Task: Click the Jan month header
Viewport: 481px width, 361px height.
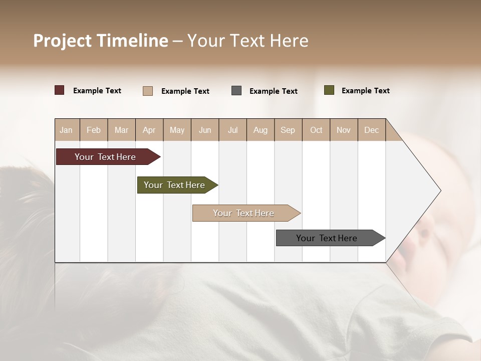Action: point(67,130)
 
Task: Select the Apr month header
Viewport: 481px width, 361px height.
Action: point(149,130)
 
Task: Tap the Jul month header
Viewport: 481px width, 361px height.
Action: point(232,130)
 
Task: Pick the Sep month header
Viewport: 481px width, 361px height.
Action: point(288,130)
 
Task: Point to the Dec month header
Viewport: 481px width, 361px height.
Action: point(371,130)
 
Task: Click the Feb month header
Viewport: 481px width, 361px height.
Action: point(94,130)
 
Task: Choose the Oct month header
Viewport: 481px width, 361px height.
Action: point(316,130)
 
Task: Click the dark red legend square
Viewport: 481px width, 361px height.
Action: point(60,90)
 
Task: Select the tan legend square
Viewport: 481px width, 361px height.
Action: point(148,91)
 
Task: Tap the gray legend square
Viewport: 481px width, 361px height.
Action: point(236,91)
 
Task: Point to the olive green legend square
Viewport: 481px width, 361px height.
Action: point(329,90)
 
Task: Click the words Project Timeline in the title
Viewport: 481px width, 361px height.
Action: point(100,41)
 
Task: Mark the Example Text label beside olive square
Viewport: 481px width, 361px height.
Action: point(365,91)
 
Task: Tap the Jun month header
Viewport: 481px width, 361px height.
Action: point(205,130)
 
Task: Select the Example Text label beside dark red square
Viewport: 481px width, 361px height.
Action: point(97,91)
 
